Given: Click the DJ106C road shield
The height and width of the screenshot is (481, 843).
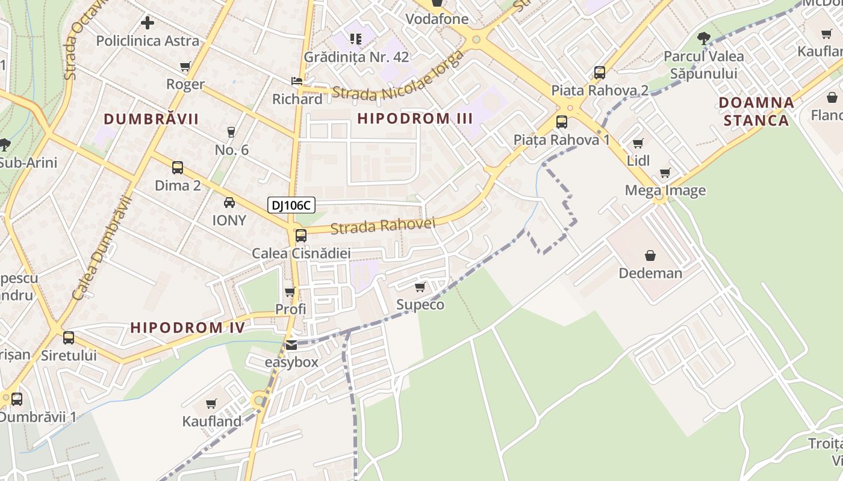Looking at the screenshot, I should [291, 206].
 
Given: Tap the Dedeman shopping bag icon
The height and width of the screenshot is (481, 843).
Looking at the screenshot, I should [650, 256].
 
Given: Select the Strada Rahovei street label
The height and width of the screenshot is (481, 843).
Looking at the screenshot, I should [382, 226].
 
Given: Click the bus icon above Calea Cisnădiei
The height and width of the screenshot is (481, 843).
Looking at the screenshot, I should [300, 236].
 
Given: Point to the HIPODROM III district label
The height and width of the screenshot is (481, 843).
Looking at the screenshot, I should [415, 118].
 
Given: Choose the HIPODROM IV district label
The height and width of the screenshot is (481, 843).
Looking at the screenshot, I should [188, 328].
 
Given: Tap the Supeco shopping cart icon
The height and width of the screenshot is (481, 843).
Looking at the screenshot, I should [420, 287].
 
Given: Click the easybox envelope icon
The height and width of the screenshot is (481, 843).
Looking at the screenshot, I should [291, 345].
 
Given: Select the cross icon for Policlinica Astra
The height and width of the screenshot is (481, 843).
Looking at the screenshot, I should [148, 23].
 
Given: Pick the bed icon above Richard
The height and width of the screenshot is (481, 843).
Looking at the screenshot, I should [297, 81].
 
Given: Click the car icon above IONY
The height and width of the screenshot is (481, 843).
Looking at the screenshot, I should [229, 203].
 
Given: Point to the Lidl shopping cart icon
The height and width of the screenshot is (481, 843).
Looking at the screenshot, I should [638, 143].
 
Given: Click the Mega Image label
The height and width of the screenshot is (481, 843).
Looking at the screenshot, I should [665, 191].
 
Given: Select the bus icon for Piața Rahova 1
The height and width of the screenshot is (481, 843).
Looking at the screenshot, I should [561, 122].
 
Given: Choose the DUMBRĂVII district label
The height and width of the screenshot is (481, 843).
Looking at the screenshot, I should [151, 119].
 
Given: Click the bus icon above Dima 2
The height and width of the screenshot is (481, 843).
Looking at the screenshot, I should [178, 168].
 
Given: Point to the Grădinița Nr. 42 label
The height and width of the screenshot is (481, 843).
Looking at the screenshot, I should [356, 57].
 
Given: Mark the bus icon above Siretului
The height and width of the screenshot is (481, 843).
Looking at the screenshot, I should [69, 338].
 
